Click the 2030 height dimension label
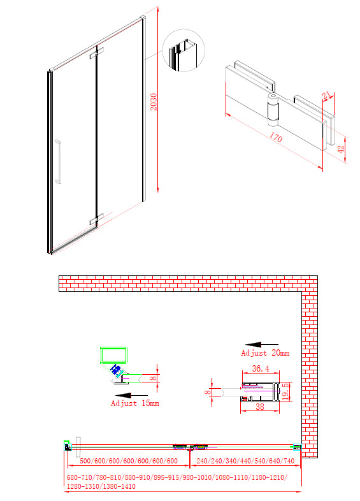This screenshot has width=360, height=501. click(154, 101)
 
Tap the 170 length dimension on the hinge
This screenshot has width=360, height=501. click(275, 137)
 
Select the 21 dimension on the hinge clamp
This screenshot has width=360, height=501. click(326, 95)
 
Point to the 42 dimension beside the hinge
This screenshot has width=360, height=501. click(340, 149)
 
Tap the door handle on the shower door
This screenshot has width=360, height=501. click(58, 162)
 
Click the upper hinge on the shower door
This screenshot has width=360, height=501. click(96, 53)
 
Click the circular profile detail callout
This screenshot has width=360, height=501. click(184, 50)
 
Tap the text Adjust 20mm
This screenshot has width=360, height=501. click(265, 353)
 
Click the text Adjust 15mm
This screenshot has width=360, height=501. click(135, 403)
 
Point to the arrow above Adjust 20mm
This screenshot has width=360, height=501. click(262, 345)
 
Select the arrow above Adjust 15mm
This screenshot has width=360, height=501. click(131, 395)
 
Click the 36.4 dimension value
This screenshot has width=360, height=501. click(261, 368)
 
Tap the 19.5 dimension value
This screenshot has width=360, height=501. click(285, 392)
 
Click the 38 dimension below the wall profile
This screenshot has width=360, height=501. click(260, 407)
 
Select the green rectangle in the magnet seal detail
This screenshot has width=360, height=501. click(113, 355)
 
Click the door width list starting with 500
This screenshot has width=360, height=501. click(129, 461)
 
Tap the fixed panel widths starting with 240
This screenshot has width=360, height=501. click(245, 461)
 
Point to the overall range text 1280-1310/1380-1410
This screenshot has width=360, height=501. click(101, 486)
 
